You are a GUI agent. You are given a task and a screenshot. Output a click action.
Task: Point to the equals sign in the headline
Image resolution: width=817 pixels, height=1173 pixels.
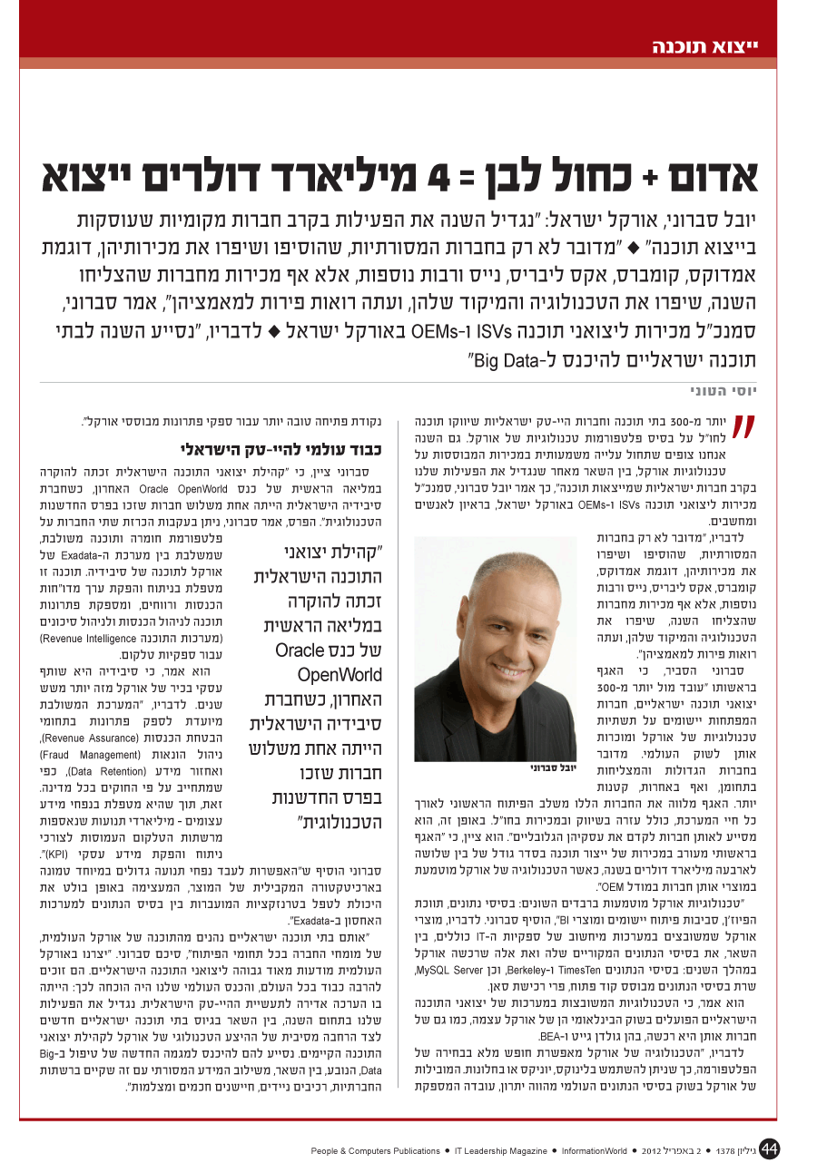pos(488,180)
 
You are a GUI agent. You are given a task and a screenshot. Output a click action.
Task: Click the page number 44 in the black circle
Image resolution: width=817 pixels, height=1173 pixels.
pos(770,1149)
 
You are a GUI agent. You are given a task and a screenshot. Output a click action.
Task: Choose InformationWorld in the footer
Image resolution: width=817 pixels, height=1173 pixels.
pos(594,1150)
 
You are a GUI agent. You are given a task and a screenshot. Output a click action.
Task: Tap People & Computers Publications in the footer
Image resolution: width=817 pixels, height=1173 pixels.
pos(375,1150)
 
